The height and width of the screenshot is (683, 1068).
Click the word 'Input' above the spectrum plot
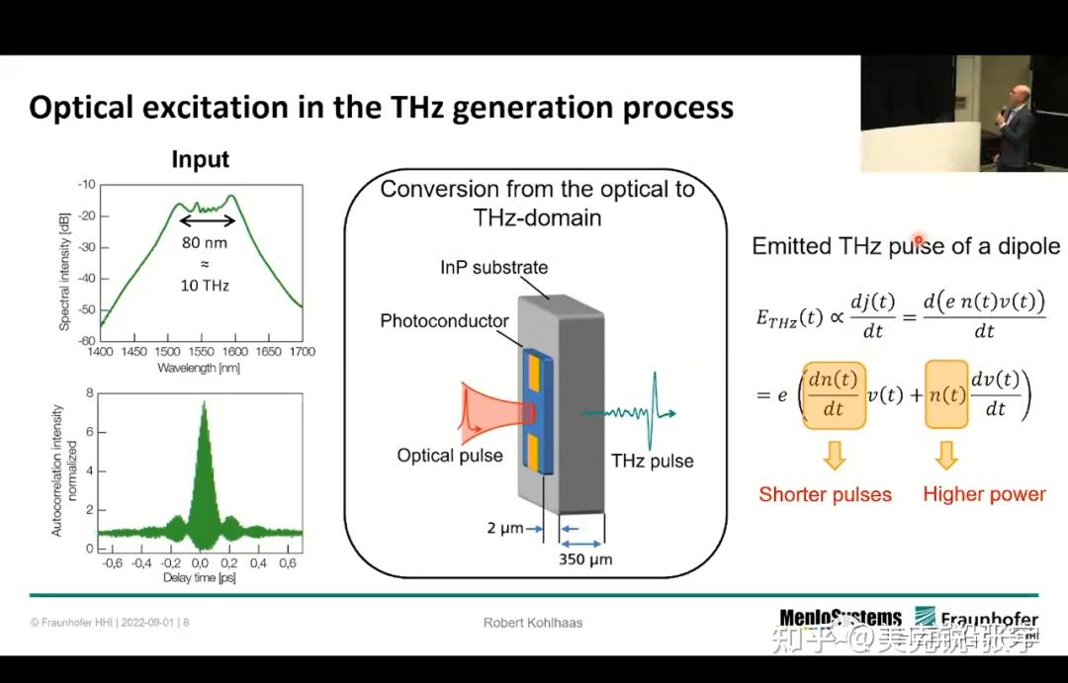pyautogui.click(x=200, y=160)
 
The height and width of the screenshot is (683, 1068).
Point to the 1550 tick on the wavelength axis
pyautogui.click(x=202, y=352)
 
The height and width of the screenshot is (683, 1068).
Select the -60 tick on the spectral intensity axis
pyautogui.click(x=86, y=340)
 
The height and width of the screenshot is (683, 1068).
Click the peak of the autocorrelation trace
pyautogui.click(x=204, y=403)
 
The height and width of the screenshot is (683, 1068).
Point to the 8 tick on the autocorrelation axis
pyautogui.click(x=90, y=392)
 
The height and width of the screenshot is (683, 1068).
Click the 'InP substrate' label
pyautogui.click(x=493, y=267)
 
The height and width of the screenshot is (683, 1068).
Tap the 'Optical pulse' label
pyautogui.click(x=450, y=456)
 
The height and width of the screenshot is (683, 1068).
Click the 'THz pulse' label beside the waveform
pyautogui.click(x=652, y=461)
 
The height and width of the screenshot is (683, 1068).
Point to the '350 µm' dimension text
pyautogui.click(x=585, y=559)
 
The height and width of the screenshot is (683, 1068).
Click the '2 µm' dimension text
pyautogui.click(x=504, y=529)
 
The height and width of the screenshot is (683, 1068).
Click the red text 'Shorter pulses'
pyautogui.click(x=825, y=494)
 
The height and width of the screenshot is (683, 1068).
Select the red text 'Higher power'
pyautogui.click(x=984, y=494)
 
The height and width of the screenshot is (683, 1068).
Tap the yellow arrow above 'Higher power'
pyautogui.click(x=946, y=455)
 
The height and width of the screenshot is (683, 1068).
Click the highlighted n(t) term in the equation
pyautogui.click(x=946, y=394)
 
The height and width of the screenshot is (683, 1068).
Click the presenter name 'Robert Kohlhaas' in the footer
pyautogui.click(x=533, y=623)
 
